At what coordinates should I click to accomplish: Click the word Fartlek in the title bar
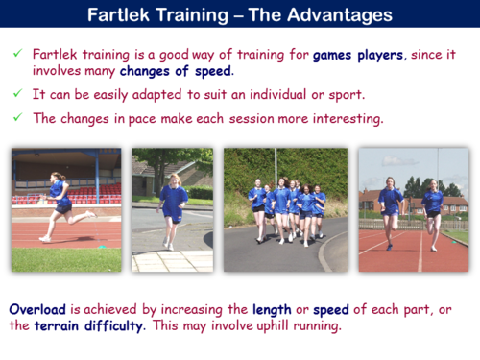(x=119, y=15)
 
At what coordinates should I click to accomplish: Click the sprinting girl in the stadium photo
(x=60, y=204)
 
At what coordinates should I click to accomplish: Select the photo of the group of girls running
(x=285, y=208)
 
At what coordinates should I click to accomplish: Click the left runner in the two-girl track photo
(x=391, y=211)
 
